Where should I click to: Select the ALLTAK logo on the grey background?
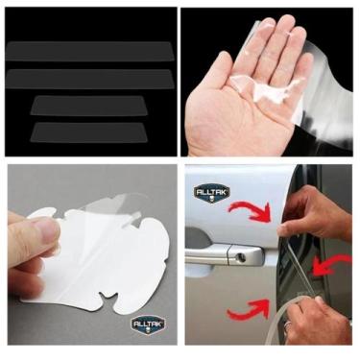click(150, 325)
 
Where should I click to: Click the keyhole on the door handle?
click(242, 256)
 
